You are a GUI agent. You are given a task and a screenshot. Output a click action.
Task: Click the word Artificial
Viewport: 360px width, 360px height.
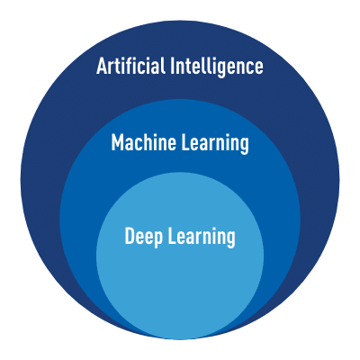coord(130,66)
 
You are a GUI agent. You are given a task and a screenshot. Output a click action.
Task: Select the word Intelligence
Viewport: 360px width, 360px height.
coord(217,67)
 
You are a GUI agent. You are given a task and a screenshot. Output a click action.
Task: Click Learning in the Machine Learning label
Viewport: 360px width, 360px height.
coord(215,144)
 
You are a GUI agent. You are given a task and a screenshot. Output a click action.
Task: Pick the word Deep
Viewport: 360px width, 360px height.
coord(144,237)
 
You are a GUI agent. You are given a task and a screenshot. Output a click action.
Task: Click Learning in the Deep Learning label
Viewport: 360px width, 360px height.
coord(202,238)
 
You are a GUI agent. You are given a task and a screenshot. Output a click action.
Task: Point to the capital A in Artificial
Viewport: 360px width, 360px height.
coord(102,66)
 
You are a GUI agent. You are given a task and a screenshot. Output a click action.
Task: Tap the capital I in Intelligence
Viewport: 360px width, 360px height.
coord(172,66)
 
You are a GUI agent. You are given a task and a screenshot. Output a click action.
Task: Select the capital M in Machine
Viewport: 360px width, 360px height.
coord(117,142)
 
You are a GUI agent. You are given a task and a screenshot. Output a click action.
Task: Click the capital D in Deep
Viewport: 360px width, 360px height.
coord(130,236)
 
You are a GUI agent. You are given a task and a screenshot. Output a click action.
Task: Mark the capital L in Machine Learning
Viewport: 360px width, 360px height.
coord(185,142)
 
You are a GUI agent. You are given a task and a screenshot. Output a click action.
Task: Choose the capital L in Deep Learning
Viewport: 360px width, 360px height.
coord(172,236)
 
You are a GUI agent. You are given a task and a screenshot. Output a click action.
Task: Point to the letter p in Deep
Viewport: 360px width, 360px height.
coord(158,240)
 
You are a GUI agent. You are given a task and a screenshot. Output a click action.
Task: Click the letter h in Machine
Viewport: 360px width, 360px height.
coord(150,142)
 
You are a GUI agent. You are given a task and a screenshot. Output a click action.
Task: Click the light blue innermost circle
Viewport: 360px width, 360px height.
coord(180,270)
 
